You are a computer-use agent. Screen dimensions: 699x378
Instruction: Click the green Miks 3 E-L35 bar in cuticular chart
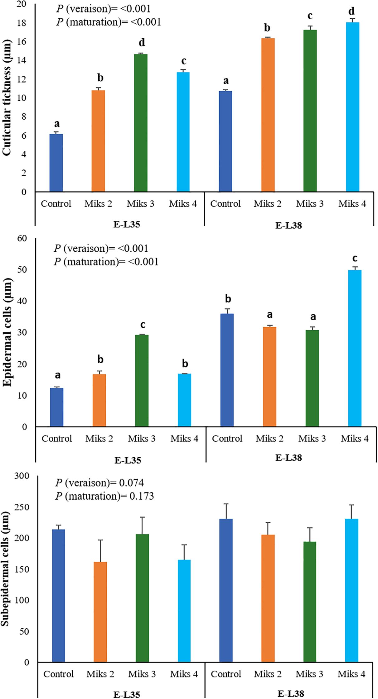point(141,123)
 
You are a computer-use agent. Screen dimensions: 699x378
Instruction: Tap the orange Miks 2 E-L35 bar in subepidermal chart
point(100,612)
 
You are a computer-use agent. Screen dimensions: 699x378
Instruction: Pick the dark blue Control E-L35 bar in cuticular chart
point(56,163)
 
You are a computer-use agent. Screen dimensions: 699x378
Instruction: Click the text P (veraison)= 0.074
point(99,483)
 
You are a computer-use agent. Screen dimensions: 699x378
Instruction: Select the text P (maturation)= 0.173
point(104,496)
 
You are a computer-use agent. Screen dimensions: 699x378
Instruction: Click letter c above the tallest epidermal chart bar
point(355,259)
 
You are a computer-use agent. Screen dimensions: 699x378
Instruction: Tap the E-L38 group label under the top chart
point(288,225)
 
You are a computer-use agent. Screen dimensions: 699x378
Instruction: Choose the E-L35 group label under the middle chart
point(128,460)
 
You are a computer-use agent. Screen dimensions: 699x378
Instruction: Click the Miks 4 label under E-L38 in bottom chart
point(351,674)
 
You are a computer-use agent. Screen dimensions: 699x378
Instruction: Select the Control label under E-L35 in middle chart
point(57,439)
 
